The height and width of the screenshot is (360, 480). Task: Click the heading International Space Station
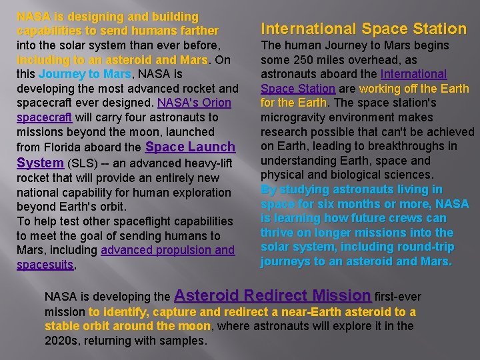(x=363, y=29)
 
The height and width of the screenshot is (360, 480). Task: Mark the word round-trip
(x=429, y=247)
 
